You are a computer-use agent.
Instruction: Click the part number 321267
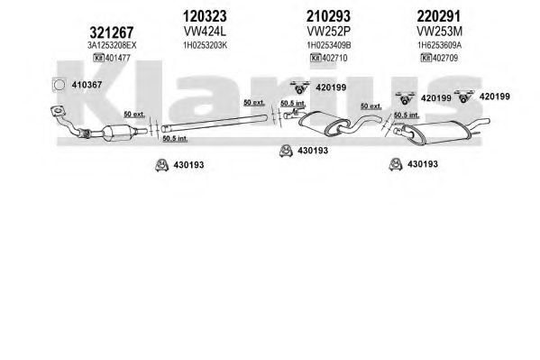click(x=111, y=32)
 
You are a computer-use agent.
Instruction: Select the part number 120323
click(x=205, y=16)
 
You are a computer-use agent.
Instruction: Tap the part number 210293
click(x=328, y=16)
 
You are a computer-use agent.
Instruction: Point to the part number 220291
click(x=438, y=16)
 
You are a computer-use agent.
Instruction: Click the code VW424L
click(x=205, y=32)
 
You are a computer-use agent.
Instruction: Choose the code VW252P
click(x=328, y=32)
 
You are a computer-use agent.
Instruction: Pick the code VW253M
click(x=439, y=32)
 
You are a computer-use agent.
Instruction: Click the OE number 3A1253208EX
click(x=112, y=45)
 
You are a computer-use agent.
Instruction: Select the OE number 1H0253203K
click(x=206, y=45)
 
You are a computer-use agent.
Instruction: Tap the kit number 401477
click(x=118, y=58)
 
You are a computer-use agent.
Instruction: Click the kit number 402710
click(x=334, y=58)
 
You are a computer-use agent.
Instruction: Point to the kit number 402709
click(x=445, y=58)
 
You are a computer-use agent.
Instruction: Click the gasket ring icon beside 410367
click(x=59, y=85)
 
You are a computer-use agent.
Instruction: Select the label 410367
click(x=87, y=85)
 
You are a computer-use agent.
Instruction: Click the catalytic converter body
click(x=117, y=133)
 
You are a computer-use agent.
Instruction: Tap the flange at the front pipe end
click(x=58, y=111)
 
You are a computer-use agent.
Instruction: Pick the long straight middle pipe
click(x=215, y=123)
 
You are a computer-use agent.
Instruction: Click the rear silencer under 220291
click(x=437, y=133)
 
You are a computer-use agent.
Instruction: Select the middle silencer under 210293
click(x=324, y=123)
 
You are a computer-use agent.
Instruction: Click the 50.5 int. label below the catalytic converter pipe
click(x=175, y=139)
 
